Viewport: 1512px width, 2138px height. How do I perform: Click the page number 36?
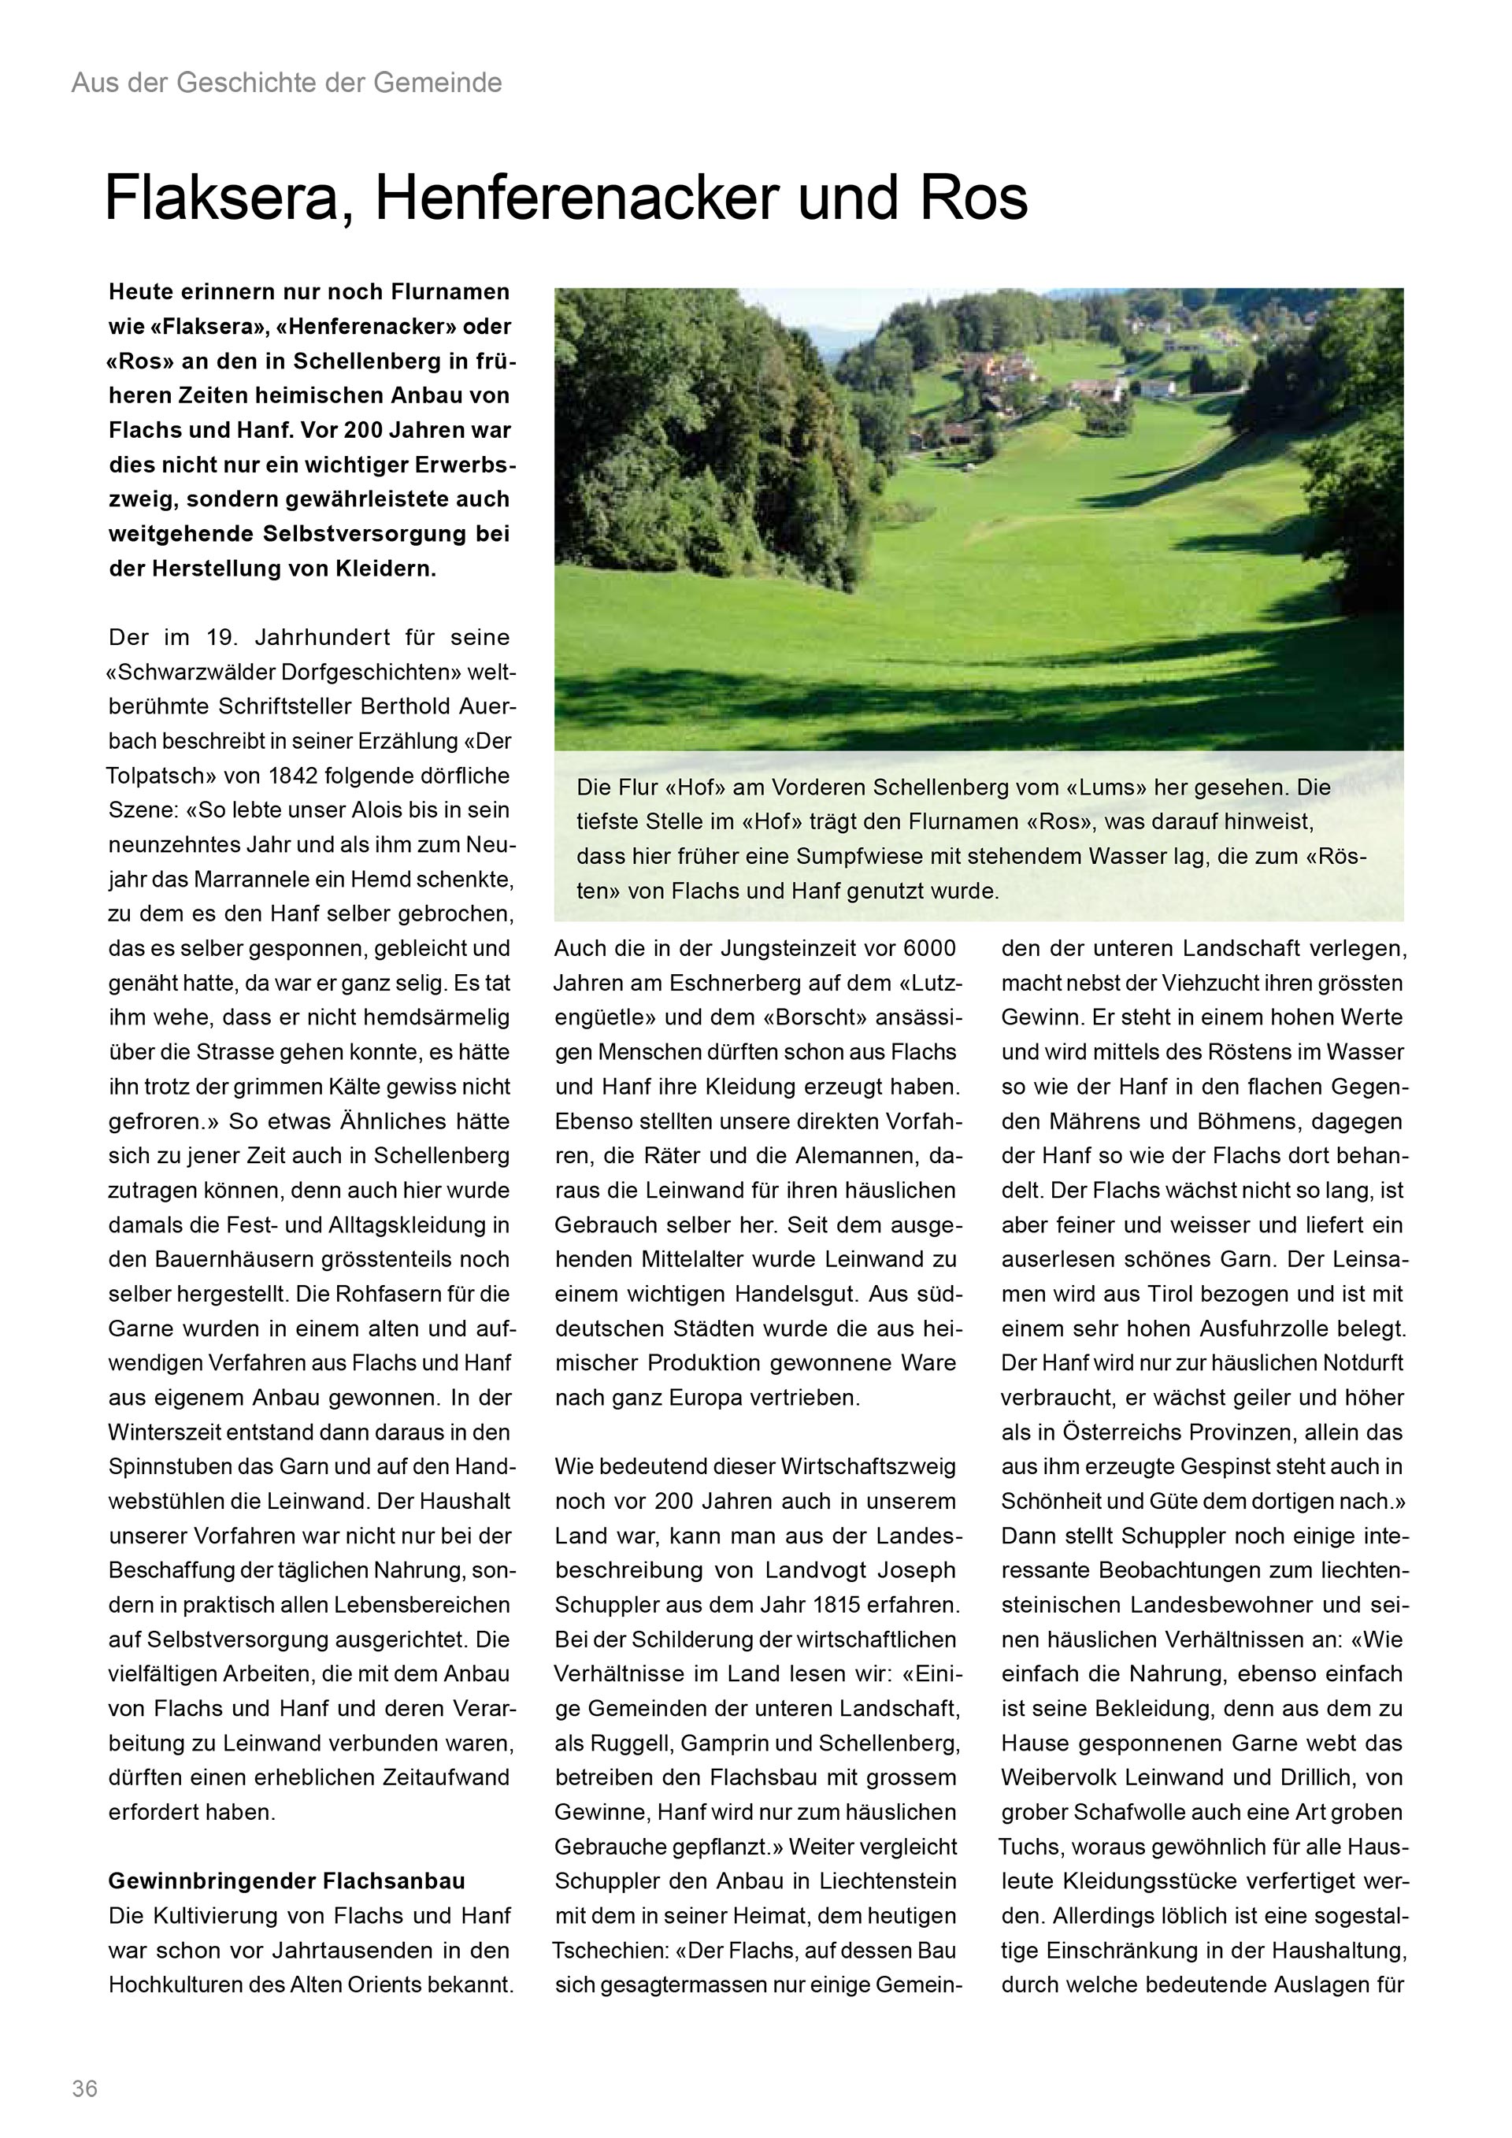pos(85,2088)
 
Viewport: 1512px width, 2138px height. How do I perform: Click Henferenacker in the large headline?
pos(576,198)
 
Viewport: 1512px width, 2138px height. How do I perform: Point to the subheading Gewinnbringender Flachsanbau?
pos(287,1881)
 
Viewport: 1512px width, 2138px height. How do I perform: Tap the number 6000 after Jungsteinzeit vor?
pos(929,948)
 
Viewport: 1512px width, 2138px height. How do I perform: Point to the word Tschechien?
pos(608,1950)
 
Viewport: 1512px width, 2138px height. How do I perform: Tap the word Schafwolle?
pos(1136,1812)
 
